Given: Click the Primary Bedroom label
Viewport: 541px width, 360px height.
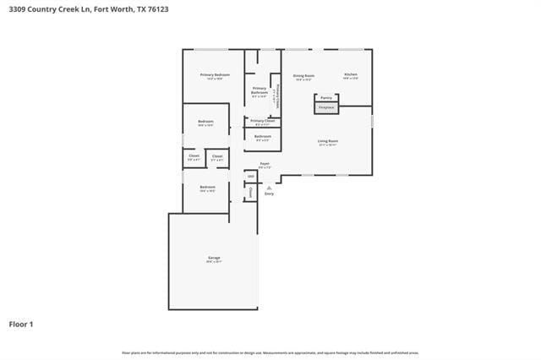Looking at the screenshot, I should click(215, 75).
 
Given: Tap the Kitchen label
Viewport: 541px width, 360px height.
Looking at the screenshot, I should click(351, 74).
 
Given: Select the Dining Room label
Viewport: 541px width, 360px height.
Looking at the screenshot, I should click(304, 75).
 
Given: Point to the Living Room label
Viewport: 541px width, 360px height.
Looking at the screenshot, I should click(328, 141).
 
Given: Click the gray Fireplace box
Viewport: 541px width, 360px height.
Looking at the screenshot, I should click(326, 108).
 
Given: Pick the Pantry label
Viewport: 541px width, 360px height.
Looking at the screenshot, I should click(326, 97).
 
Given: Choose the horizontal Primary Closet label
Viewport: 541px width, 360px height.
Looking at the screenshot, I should click(262, 121).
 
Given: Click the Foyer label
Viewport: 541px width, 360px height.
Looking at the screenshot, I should click(265, 163).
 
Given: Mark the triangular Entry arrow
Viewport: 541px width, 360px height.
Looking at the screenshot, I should click(269, 188).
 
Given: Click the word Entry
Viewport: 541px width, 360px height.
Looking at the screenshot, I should click(269, 194).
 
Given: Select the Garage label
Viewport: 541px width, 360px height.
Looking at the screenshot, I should click(214, 257).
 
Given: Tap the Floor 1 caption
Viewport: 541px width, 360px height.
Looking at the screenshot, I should click(21, 324).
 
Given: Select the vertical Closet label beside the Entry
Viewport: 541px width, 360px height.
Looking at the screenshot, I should click(251, 193).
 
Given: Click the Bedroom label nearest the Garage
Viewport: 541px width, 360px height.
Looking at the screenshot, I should click(207, 187).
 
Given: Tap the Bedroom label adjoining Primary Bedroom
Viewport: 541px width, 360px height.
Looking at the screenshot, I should click(205, 122).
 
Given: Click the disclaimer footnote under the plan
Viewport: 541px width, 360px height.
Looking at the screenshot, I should click(270, 352).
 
